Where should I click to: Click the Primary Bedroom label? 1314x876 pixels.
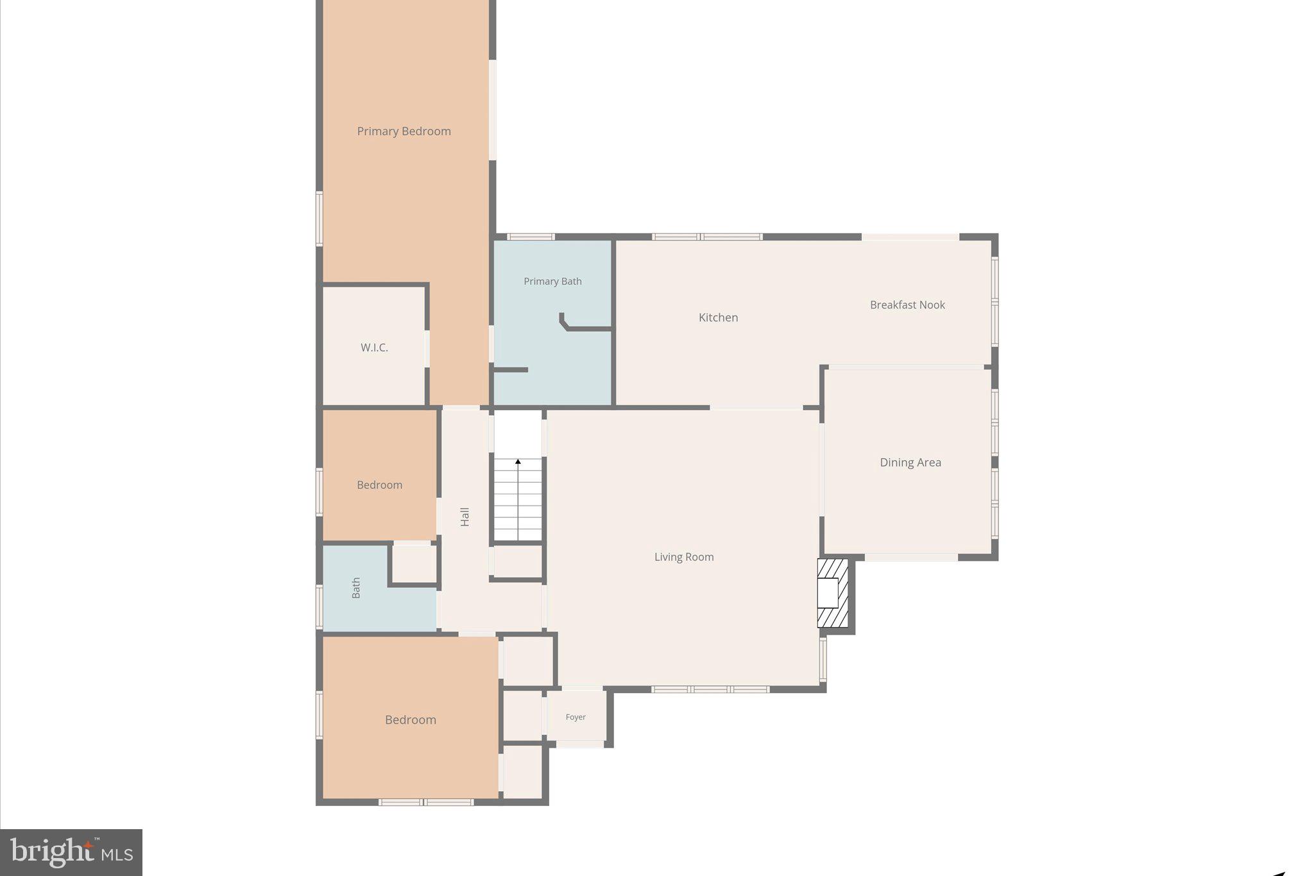click(x=404, y=132)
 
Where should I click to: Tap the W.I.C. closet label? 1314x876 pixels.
click(x=374, y=348)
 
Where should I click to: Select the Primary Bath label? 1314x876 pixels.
click(x=552, y=281)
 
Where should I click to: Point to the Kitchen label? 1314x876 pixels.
click(x=718, y=318)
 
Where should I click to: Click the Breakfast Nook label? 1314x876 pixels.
click(x=907, y=305)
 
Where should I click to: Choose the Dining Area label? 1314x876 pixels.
click(x=910, y=462)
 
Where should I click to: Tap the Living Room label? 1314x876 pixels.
click(x=684, y=557)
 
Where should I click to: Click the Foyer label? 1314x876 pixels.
click(x=576, y=717)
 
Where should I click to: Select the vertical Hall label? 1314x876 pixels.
click(x=465, y=517)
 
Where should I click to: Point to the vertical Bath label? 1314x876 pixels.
click(x=356, y=588)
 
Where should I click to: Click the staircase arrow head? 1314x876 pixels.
click(x=518, y=461)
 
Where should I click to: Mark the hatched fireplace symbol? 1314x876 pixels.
click(x=832, y=593)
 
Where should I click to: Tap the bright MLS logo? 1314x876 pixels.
click(x=71, y=852)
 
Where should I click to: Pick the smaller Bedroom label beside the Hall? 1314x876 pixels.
click(x=379, y=485)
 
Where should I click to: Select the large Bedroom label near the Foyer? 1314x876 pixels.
click(x=410, y=720)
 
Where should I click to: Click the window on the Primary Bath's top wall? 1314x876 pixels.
click(x=531, y=237)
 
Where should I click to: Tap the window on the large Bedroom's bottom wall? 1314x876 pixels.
click(x=426, y=802)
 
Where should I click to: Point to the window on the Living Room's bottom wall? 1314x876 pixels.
click(x=710, y=689)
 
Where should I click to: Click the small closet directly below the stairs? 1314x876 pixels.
click(x=517, y=561)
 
